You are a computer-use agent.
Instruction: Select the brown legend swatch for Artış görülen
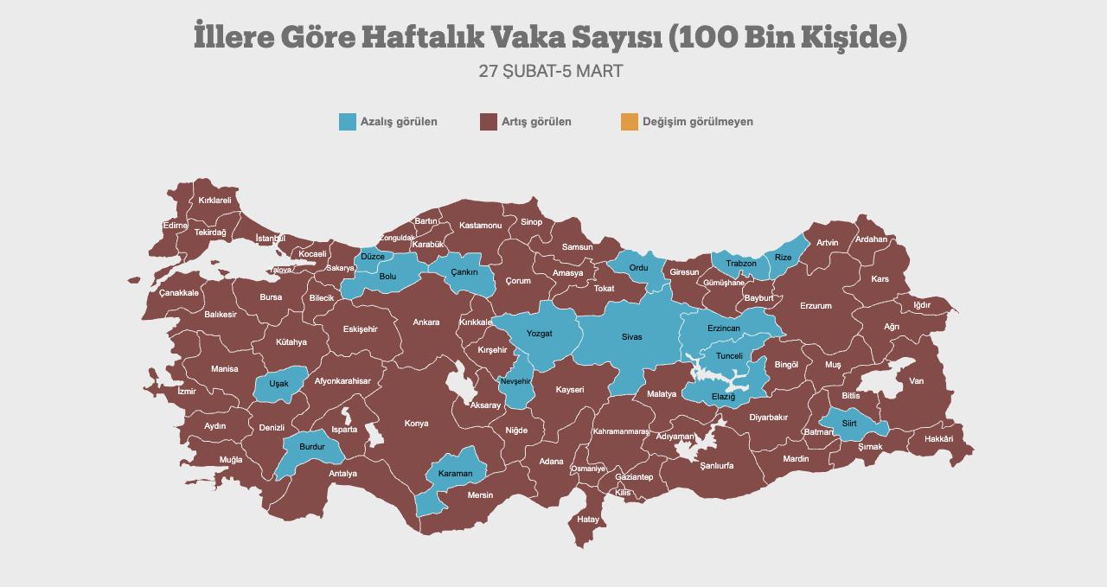coord(488,122)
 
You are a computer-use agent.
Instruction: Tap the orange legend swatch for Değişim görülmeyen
coord(629,122)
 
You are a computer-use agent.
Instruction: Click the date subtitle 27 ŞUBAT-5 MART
coord(551,71)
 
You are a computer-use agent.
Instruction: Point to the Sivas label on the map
coord(631,336)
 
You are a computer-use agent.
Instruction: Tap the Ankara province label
coord(426,322)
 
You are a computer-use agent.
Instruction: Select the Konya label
coord(416,424)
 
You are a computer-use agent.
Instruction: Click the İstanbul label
coord(271,238)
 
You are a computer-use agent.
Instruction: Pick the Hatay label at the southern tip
coord(588,519)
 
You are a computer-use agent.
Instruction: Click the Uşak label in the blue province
coord(278,383)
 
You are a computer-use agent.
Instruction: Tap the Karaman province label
coord(455,474)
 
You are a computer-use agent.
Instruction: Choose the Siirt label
coord(848,424)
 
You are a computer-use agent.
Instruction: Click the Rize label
coord(783,258)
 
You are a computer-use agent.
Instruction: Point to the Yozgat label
coord(539,334)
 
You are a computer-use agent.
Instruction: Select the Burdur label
coord(311,447)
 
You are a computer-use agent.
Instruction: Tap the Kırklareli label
coord(214,200)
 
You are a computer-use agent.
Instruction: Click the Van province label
coord(916,381)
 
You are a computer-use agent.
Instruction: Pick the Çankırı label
coord(464,272)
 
